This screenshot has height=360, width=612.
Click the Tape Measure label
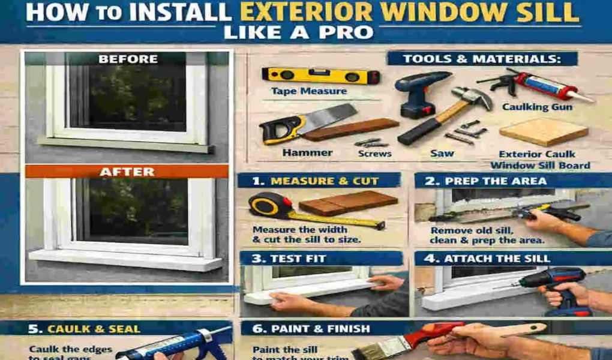click(x=308, y=91)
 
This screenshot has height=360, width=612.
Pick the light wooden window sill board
click(x=543, y=131)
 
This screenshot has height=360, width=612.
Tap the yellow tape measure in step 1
click(x=265, y=205)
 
